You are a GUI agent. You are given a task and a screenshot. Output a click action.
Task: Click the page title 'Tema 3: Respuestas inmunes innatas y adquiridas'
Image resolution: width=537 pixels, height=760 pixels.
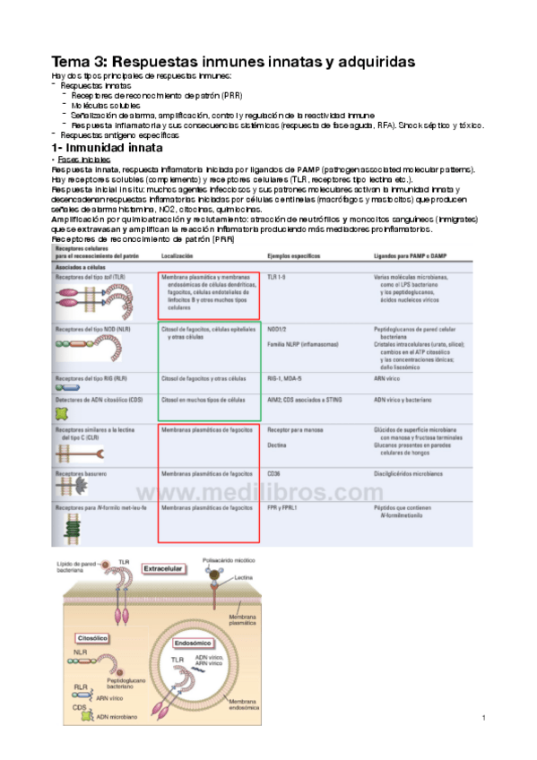233,62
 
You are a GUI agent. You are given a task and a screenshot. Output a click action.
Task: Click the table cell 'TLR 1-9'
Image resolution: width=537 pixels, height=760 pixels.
278,278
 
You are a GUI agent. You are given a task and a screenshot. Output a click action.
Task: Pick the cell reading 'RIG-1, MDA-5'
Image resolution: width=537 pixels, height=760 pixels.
285,378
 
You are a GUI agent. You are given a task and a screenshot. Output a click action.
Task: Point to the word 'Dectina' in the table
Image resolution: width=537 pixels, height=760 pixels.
277,444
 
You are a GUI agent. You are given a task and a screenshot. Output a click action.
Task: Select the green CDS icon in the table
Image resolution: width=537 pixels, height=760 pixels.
62,413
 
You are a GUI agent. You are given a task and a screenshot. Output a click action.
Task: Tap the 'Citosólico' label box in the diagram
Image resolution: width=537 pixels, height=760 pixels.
92,637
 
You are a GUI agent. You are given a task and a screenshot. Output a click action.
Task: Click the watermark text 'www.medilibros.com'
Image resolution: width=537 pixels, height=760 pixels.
259,494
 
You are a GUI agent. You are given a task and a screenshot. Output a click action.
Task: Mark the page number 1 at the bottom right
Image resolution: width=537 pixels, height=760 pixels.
482,718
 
